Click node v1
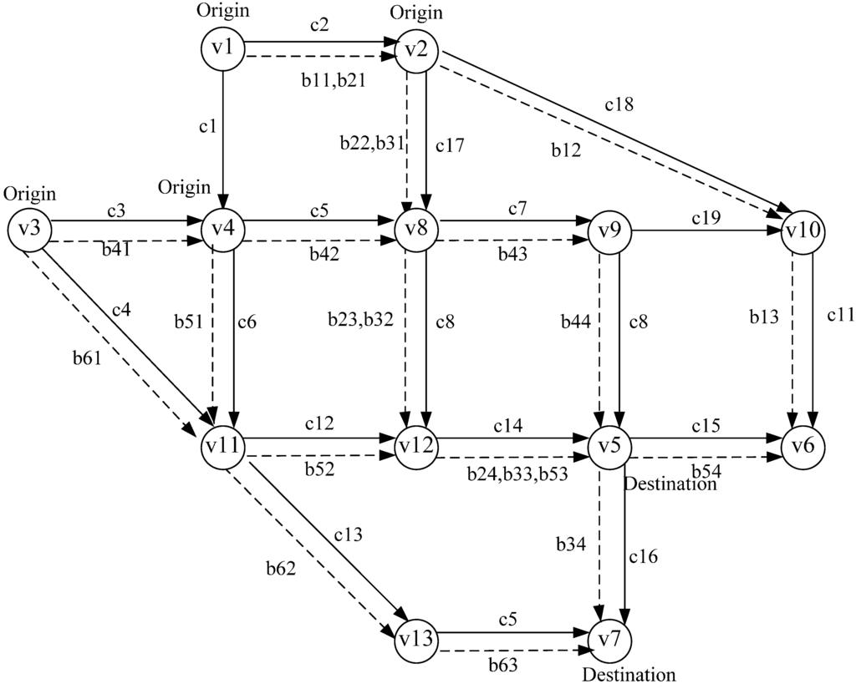pos(222,48)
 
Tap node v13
pos(415,639)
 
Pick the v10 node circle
pos(803,231)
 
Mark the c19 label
pos(706,218)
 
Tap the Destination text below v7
pos(628,675)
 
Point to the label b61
pos(89,359)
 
